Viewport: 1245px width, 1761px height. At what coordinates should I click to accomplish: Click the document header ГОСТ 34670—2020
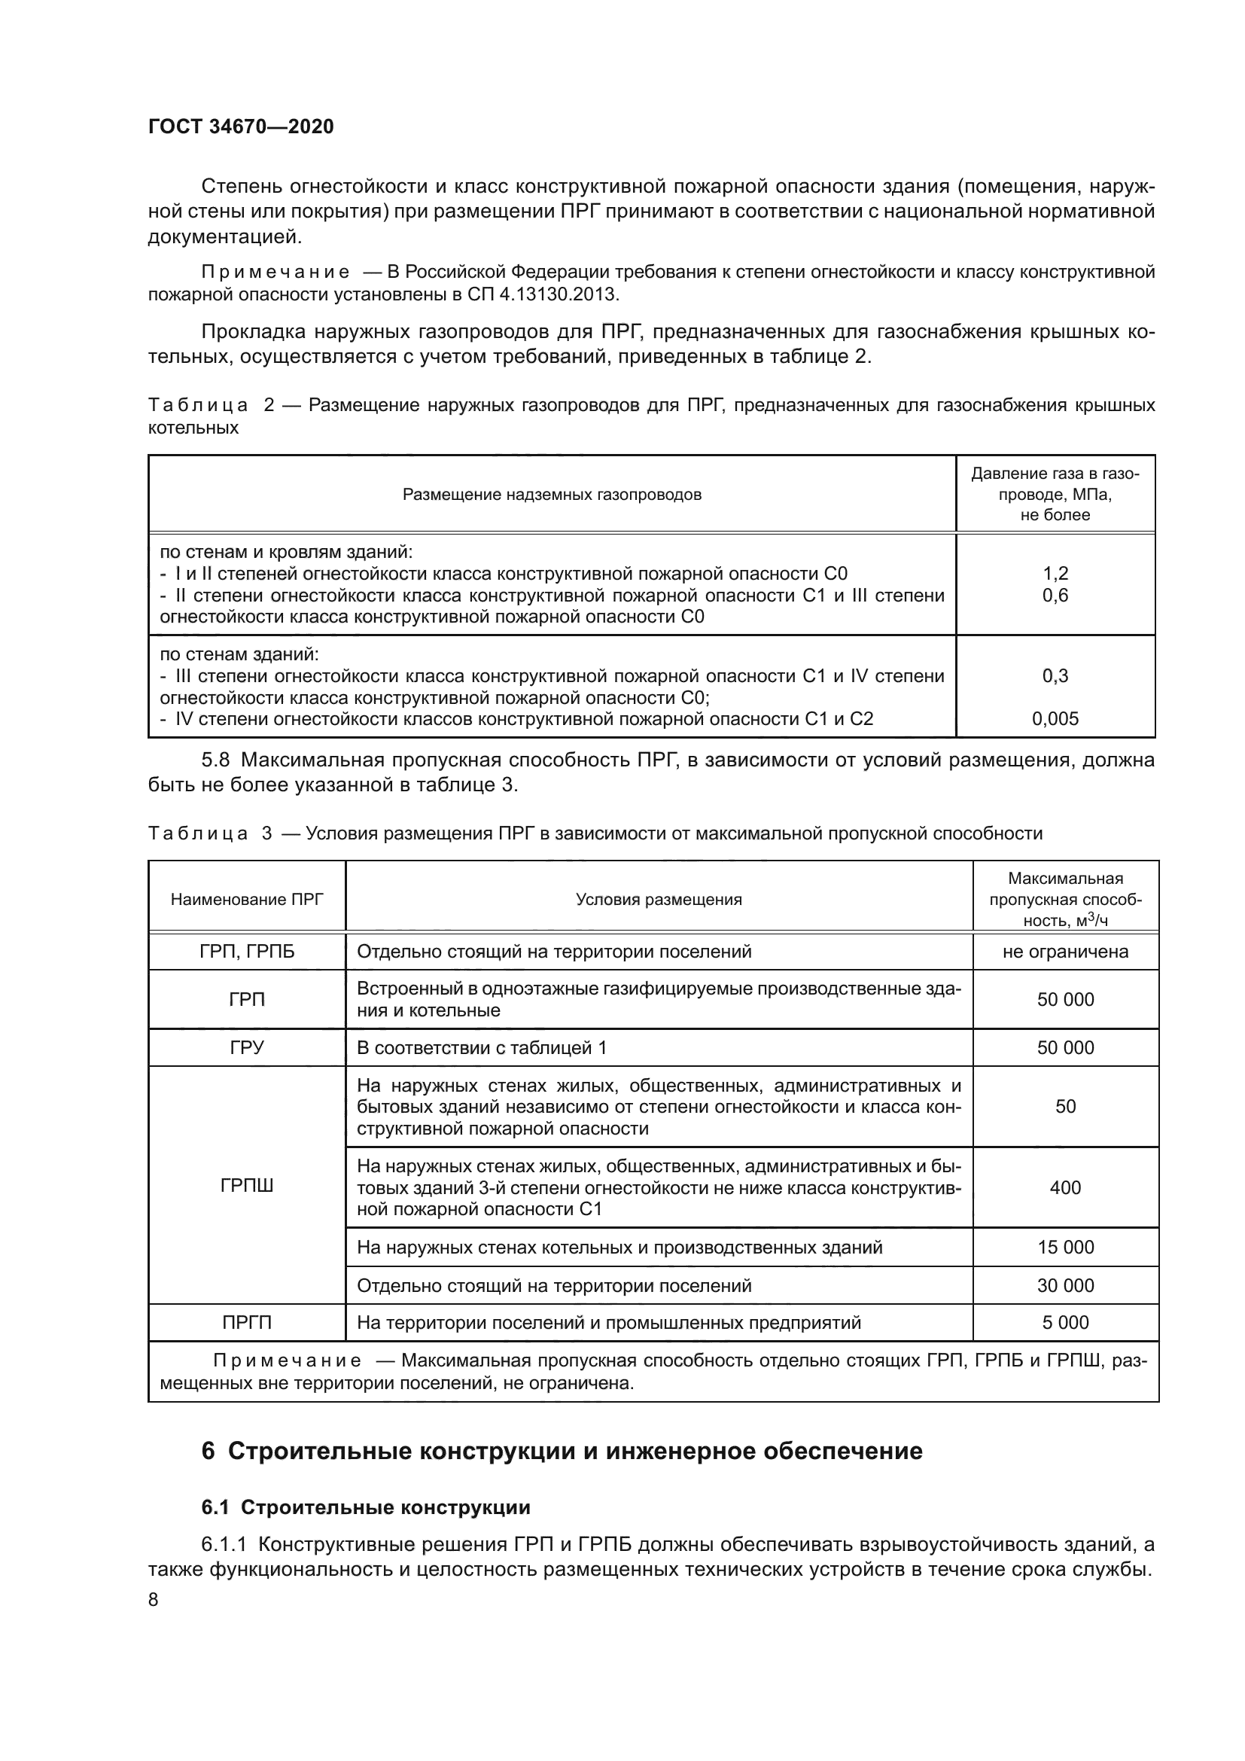[x=241, y=127]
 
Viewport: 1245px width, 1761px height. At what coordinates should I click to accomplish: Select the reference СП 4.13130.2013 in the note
[x=545, y=294]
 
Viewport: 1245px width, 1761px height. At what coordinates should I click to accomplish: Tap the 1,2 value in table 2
[x=1055, y=574]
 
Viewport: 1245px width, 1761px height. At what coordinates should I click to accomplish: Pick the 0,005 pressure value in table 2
[x=1055, y=719]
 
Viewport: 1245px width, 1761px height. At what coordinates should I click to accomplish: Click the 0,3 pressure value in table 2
[x=1055, y=675]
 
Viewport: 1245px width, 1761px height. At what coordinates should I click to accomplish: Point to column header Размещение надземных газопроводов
[x=552, y=495]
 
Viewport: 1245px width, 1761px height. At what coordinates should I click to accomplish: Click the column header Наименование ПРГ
[x=247, y=899]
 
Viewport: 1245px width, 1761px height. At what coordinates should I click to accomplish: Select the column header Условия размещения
[x=659, y=899]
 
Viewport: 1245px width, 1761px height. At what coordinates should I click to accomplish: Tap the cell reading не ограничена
[x=1065, y=952]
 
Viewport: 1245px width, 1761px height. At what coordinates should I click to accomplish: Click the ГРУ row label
[x=247, y=1048]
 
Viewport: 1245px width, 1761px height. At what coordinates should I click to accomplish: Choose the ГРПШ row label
[x=247, y=1186]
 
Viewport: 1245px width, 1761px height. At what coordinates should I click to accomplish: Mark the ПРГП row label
[x=247, y=1322]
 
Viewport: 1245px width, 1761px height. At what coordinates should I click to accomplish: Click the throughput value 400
[x=1065, y=1187]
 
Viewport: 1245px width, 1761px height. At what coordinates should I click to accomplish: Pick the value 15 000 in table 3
[x=1065, y=1247]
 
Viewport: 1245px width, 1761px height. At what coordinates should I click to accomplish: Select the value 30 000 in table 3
[x=1065, y=1285]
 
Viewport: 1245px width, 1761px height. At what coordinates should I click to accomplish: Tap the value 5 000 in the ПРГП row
[x=1065, y=1322]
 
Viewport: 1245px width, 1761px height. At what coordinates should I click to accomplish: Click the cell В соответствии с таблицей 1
[x=482, y=1048]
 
